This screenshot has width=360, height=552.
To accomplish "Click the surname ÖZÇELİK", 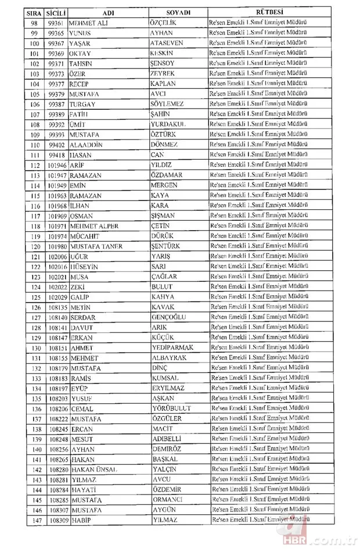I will coord(165,23).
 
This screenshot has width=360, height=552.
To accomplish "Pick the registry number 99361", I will coord(56,23).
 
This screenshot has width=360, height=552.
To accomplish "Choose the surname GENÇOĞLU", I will coord(170,317).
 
